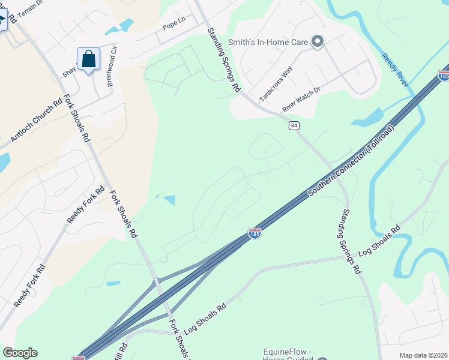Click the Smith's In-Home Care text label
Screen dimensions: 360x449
(x=268, y=42)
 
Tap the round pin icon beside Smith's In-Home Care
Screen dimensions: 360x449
(x=318, y=41)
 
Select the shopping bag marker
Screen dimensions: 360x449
(x=88, y=59)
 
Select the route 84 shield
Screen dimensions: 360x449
(x=294, y=125)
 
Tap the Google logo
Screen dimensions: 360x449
(x=20, y=353)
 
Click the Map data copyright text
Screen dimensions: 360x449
(x=423, y=355)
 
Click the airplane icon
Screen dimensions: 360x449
(x=2, y=19)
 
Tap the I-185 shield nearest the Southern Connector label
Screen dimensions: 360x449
(x=255, y=233)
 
